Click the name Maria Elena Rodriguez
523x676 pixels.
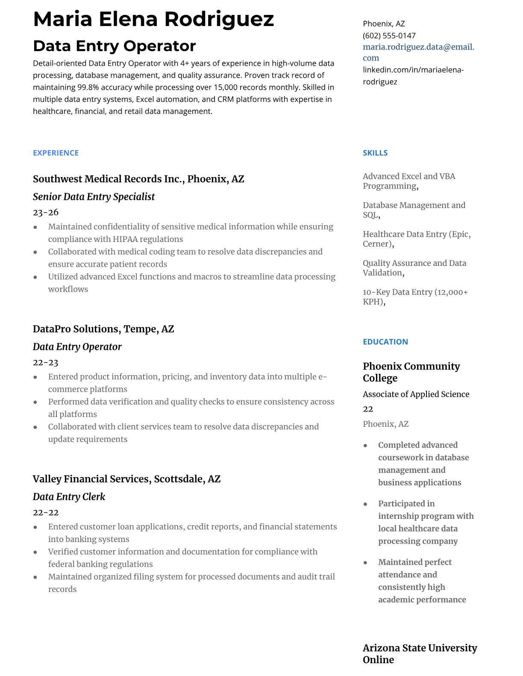point(153,19)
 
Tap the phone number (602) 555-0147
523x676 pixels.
point(389,36)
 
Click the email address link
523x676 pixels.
point(418,52)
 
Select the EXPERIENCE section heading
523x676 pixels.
point(56,153)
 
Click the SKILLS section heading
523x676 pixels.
point(375,153)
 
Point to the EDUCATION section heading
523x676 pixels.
point(385,342)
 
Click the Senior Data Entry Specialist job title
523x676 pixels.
point(94,197)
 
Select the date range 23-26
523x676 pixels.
point(46,213)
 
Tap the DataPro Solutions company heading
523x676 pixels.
point(103,329)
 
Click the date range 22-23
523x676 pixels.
point(46,363)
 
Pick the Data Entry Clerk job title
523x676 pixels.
point(69,497)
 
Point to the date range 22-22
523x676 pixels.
point(46,513)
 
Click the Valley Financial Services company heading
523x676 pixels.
point(126,479)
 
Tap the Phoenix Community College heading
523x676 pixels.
point(411,372)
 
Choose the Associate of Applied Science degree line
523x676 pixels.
point(416,394)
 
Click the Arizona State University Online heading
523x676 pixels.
point(420,653)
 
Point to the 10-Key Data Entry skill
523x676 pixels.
point(415,297)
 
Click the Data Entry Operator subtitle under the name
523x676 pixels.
point(114,46)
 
